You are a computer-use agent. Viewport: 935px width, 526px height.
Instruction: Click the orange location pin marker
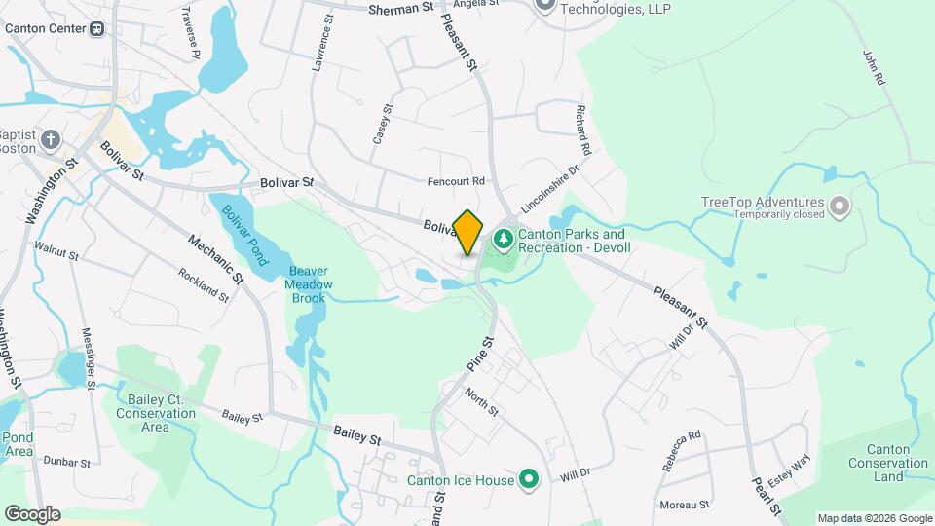point(468,232)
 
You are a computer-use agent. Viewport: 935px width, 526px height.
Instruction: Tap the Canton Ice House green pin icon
point(529,478)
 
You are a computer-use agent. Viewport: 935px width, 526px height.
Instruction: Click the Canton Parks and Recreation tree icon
point(503,238)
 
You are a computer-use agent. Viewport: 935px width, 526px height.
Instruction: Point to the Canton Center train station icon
point(97,28)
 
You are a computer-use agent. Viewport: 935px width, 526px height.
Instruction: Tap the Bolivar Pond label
point(243,235)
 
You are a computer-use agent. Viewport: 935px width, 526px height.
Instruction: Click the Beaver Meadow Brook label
point(309,284)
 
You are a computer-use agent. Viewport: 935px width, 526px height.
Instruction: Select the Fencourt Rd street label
point(456,181)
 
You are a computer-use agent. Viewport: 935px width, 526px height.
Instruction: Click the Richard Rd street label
point(582,131)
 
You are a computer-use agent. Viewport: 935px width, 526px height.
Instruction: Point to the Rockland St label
point(204,284)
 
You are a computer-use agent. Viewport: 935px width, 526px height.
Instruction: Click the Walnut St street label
point(56,251)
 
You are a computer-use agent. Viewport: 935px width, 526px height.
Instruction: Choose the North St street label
point(481,399)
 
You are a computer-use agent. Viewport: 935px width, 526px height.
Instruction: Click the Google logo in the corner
point(32,513)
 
